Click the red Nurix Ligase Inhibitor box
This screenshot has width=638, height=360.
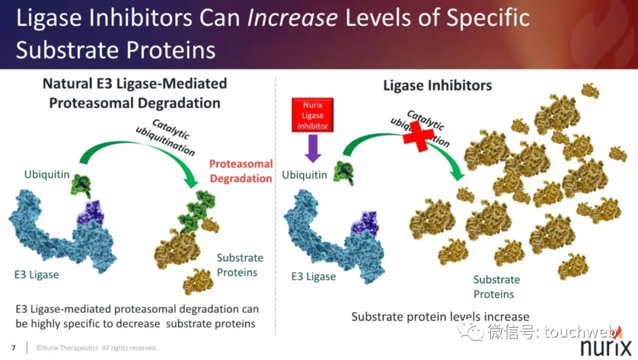point(313,115)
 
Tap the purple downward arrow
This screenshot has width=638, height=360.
point(313,148)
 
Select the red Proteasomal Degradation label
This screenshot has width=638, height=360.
point(240,171)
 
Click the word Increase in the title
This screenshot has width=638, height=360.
point(292,18)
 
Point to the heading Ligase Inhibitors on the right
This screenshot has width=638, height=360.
point(437,86)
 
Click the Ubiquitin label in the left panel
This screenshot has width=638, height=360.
point(47,174)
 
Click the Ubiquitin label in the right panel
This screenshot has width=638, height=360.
point(304,175)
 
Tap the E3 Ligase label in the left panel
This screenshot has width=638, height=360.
point(37,274)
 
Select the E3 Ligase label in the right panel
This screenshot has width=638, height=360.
point(313,277)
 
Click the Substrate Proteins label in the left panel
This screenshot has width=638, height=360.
point(240,265)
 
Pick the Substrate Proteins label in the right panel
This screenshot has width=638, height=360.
point(496,287)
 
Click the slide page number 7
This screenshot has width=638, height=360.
point(14,348)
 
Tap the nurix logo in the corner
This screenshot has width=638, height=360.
point(606,346)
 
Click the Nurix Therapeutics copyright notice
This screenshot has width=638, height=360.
point(96,348)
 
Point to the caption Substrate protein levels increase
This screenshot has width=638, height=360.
point(440,316)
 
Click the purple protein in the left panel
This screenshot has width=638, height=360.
point(91,213)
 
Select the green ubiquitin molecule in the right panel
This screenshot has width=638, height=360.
point(344,173)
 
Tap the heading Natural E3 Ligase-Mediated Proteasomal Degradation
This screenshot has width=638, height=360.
point(135,93)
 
